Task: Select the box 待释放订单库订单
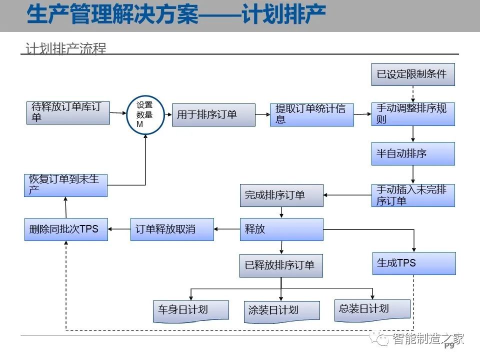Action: [68, 112]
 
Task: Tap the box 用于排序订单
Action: [213, 115]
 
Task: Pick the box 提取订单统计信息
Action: [312, 115]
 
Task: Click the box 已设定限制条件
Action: [413, 74]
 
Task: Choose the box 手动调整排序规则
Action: [413, 114]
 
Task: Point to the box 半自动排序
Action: [413, 153]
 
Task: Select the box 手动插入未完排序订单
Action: [413, 195]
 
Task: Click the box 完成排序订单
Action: [281, 195]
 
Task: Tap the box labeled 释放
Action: [281, 229]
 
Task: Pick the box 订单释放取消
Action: [172, 229]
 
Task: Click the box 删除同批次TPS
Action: [66, 229]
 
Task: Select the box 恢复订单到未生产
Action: [66, 185]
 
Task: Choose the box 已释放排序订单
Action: [281, 265]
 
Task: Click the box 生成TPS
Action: [414, 263]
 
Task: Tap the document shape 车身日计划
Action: [190, 311]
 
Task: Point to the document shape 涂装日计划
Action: [281, 311]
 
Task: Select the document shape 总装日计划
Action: [372, 310]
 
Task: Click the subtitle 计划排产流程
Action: [66, 48]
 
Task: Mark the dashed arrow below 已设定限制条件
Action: [413, 94]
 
